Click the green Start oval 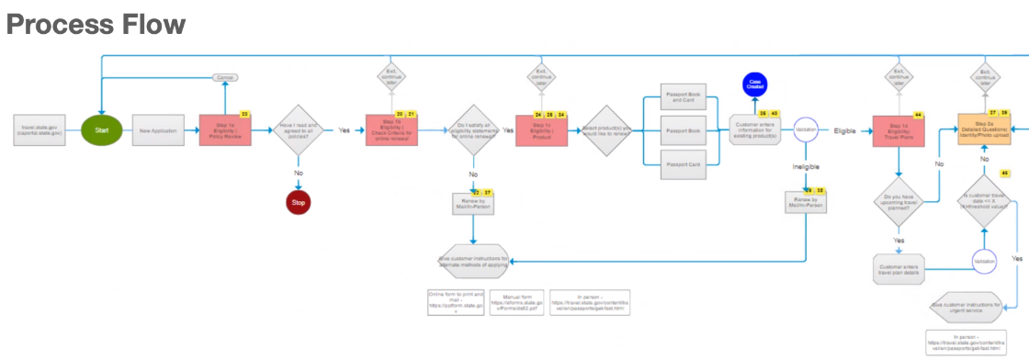(x=102, y=130)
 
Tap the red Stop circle (x=299, y=202)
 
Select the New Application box (x=159, y=130)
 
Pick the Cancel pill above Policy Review (x=225, y=78)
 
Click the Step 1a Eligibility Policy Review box (x=225, y=130)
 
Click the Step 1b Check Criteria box (x=391, y=130)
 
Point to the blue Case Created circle (x=755, y=84)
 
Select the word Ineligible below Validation (x=806, y=166)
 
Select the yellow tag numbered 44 (x=918, y=116)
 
